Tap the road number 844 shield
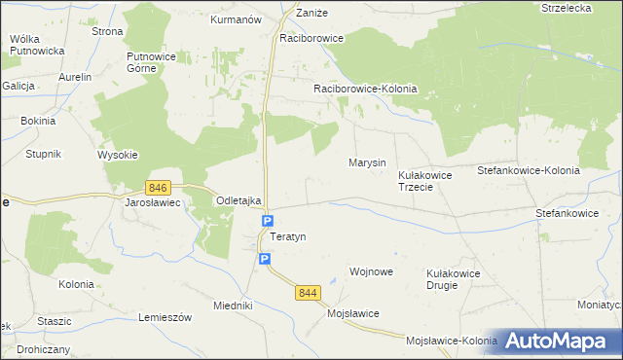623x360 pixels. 310,293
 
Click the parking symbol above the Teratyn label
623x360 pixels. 268,222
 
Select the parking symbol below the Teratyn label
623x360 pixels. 265,258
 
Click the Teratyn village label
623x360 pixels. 288,237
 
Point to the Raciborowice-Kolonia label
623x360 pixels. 365,89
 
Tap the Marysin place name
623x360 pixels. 367,162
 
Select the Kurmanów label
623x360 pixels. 237,18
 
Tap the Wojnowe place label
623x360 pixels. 371,271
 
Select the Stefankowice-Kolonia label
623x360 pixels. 528,170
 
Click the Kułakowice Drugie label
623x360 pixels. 454,279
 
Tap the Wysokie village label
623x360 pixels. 118,155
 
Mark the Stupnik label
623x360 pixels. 44,154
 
